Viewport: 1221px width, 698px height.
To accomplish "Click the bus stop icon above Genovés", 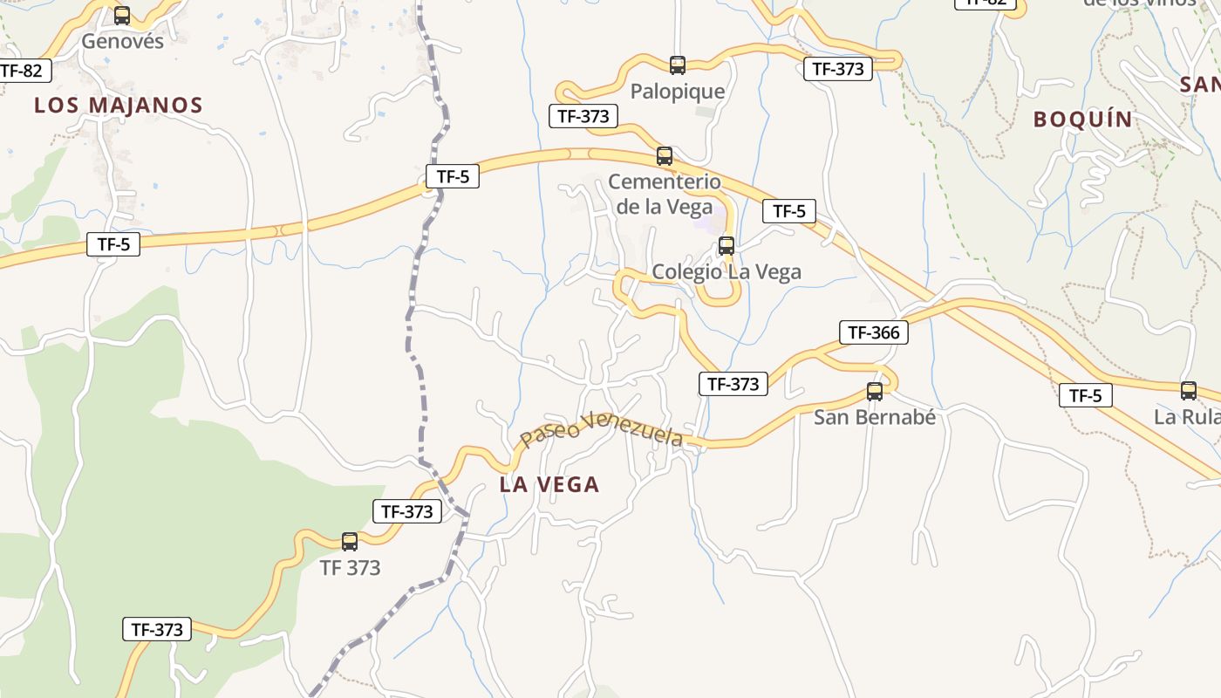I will pyautogui.click(x=122, y=16).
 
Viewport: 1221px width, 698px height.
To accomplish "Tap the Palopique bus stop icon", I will pyautogui.click(x=678, y=65).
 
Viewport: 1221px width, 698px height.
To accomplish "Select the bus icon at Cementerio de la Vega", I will pyautogui.click(x=665, y=157).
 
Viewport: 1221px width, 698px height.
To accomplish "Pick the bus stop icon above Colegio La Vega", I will pyautogui.click(x=726, y=246).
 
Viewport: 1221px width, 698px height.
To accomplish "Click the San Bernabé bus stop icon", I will pyautogui.click(x=875, y=392).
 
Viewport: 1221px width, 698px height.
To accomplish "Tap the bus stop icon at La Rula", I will pyautogui.click(x=1189, y=391).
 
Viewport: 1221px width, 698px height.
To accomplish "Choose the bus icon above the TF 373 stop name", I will pyautogui.click(x=350, y=542).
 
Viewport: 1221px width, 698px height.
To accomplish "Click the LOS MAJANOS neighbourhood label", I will pyautogui.click(x=119, y=106).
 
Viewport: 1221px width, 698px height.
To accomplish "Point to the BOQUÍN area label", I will pyautogui.click(x=1083, y=120).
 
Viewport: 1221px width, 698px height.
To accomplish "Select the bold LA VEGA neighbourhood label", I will pyautogui.click(x=549, y=485).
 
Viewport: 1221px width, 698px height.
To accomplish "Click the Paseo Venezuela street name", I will pyautogui.click(x=601, y=429).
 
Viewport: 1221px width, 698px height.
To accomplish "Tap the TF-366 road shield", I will pyautogui.click(x=874, y=332).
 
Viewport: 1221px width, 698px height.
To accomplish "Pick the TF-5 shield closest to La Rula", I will pyautogui.click(x=1085, y=396).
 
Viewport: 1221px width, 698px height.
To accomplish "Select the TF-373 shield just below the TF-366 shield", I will pyautogui.click(x=733, y=384).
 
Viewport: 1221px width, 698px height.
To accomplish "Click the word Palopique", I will pyautogui.click(x=678, y=92).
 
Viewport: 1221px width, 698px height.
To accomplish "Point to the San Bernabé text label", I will pyautogui.click(x=875, y=417).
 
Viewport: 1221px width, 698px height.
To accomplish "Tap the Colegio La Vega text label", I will pyautogui.click(x=726, y=272).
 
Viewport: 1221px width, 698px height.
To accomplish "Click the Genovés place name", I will pyautogui.click(x=122, y=41).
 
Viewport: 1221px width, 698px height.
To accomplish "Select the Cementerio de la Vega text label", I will pyautogui.click(x=665, y=194).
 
